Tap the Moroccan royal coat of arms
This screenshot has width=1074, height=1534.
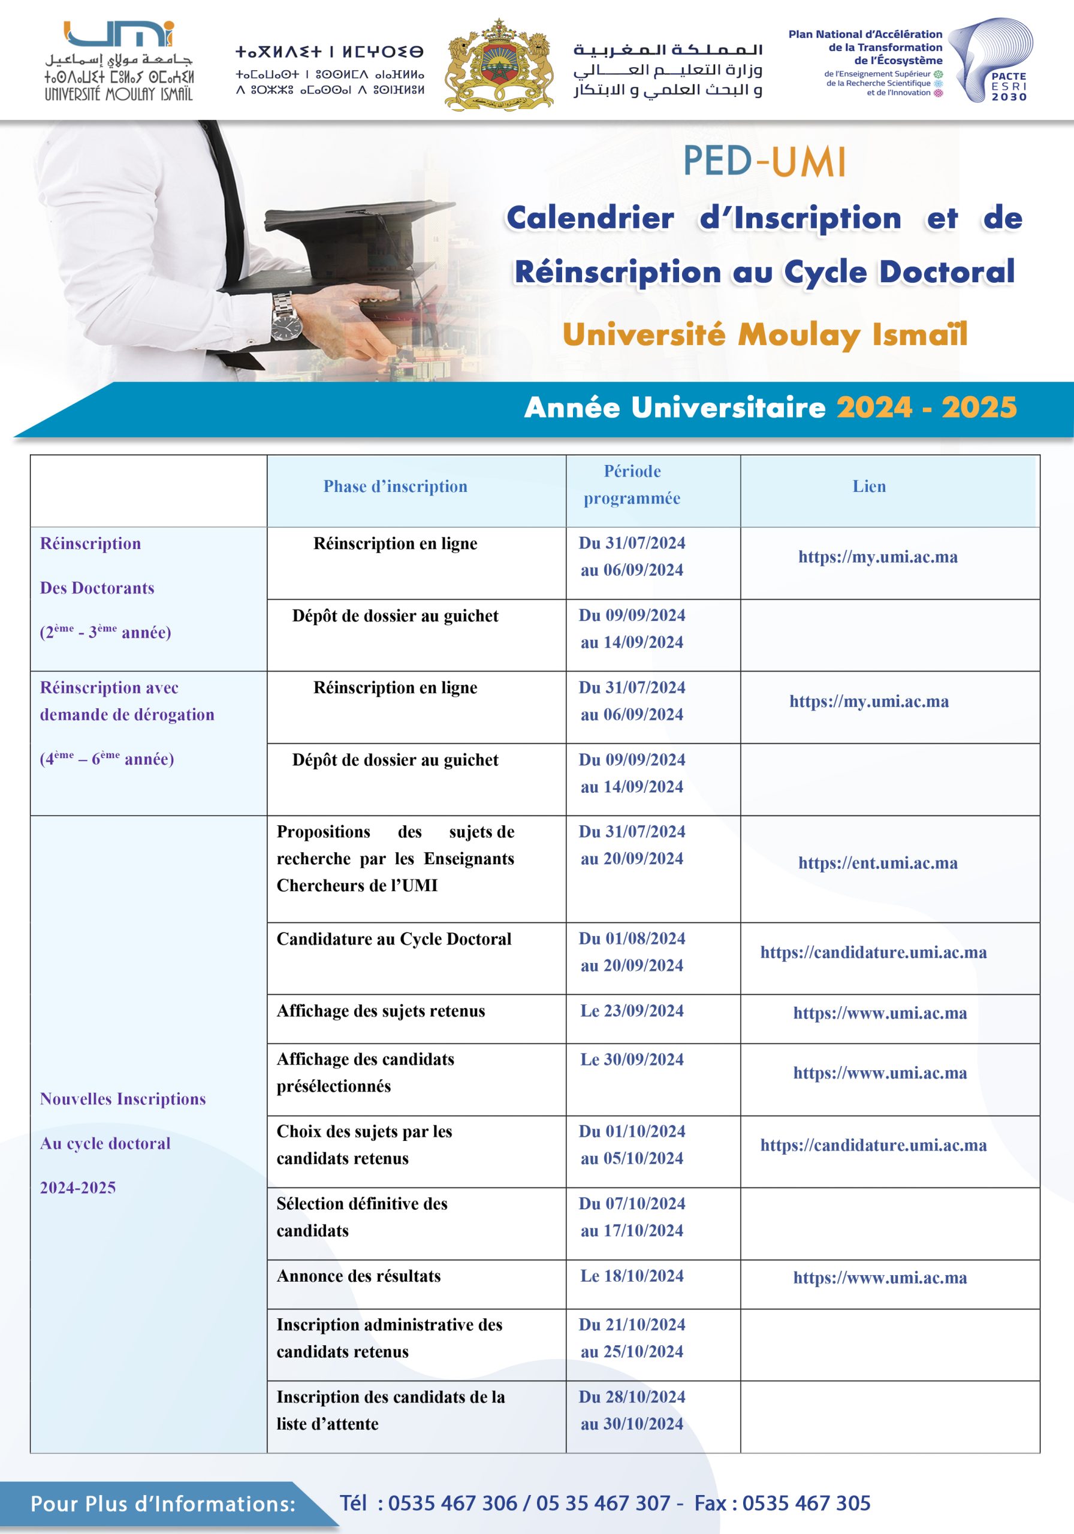[499, 64]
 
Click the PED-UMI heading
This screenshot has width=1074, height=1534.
[764, 162]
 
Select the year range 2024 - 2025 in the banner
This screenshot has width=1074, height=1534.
[927, 407]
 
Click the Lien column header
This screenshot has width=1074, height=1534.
[869, 487]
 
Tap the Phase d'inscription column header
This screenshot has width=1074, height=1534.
[395, 487]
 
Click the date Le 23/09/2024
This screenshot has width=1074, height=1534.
[632, 1010]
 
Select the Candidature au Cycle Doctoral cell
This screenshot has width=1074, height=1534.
[394, 939]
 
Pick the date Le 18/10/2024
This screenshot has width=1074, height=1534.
[632, 1276]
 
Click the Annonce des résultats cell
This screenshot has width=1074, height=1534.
[359, 1276]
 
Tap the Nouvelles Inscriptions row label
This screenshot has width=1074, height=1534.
[123, 1099]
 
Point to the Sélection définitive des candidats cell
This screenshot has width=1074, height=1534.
[361, 1216]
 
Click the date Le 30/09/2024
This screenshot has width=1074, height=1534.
[632, 1059]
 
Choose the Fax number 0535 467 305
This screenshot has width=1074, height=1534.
[806, 1503]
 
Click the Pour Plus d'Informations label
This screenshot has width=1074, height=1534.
[163, 1504]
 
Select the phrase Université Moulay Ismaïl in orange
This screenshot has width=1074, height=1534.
[765, 334]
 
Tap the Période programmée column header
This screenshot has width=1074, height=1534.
[632, 484]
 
